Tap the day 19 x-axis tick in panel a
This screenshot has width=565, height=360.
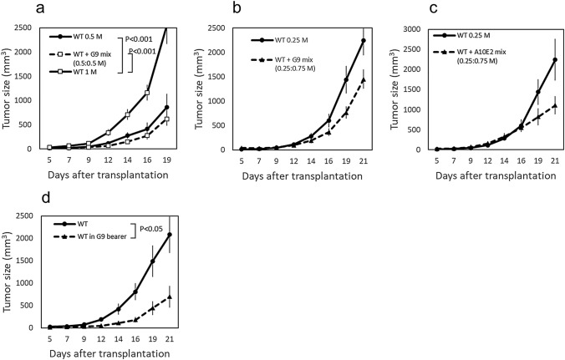pyautogui.click(x=168, y=157)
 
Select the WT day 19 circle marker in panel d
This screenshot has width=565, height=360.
pyautogui.click(x=152, y=261)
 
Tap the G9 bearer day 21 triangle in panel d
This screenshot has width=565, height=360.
pyautogui.click(x=171, y=297)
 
